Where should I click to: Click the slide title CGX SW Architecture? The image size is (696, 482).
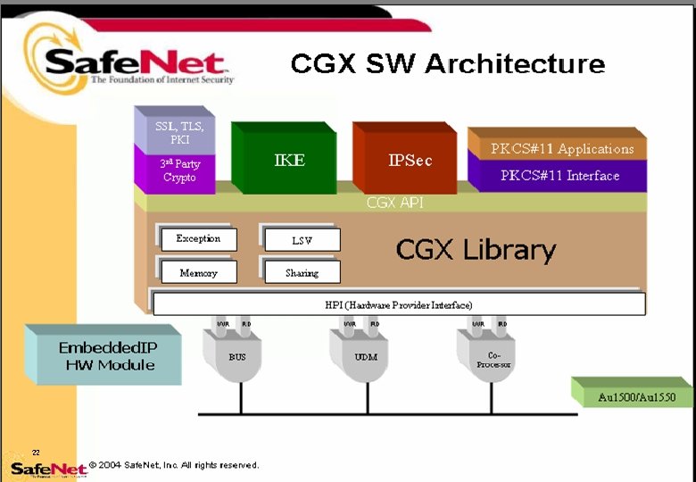(447, 64)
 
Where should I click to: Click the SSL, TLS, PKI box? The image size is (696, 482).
(179, 132)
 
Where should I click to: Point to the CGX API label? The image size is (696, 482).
(394, 203)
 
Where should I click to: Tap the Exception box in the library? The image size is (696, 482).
(198, 239)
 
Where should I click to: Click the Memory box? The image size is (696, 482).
(198, 272)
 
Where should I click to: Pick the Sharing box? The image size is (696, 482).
(302, 272)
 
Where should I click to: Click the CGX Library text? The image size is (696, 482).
(476, 251)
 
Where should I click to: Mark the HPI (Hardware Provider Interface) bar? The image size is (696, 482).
(398, 304)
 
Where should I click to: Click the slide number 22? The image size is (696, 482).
(36, 453)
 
